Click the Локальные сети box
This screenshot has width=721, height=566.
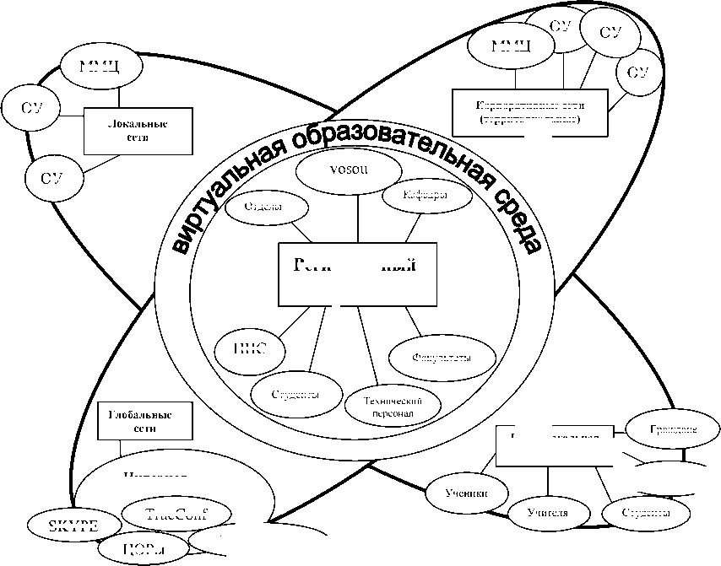[127, 131]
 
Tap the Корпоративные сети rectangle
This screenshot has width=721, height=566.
[530, 111]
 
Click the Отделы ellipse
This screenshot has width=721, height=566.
[263, 208]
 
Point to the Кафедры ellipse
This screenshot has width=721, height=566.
[425, 196]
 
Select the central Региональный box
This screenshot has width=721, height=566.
[358, 273]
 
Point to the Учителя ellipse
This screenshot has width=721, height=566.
[546, 512]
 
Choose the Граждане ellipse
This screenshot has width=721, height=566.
[673, 429]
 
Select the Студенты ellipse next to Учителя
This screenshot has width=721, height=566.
[645, 512]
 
